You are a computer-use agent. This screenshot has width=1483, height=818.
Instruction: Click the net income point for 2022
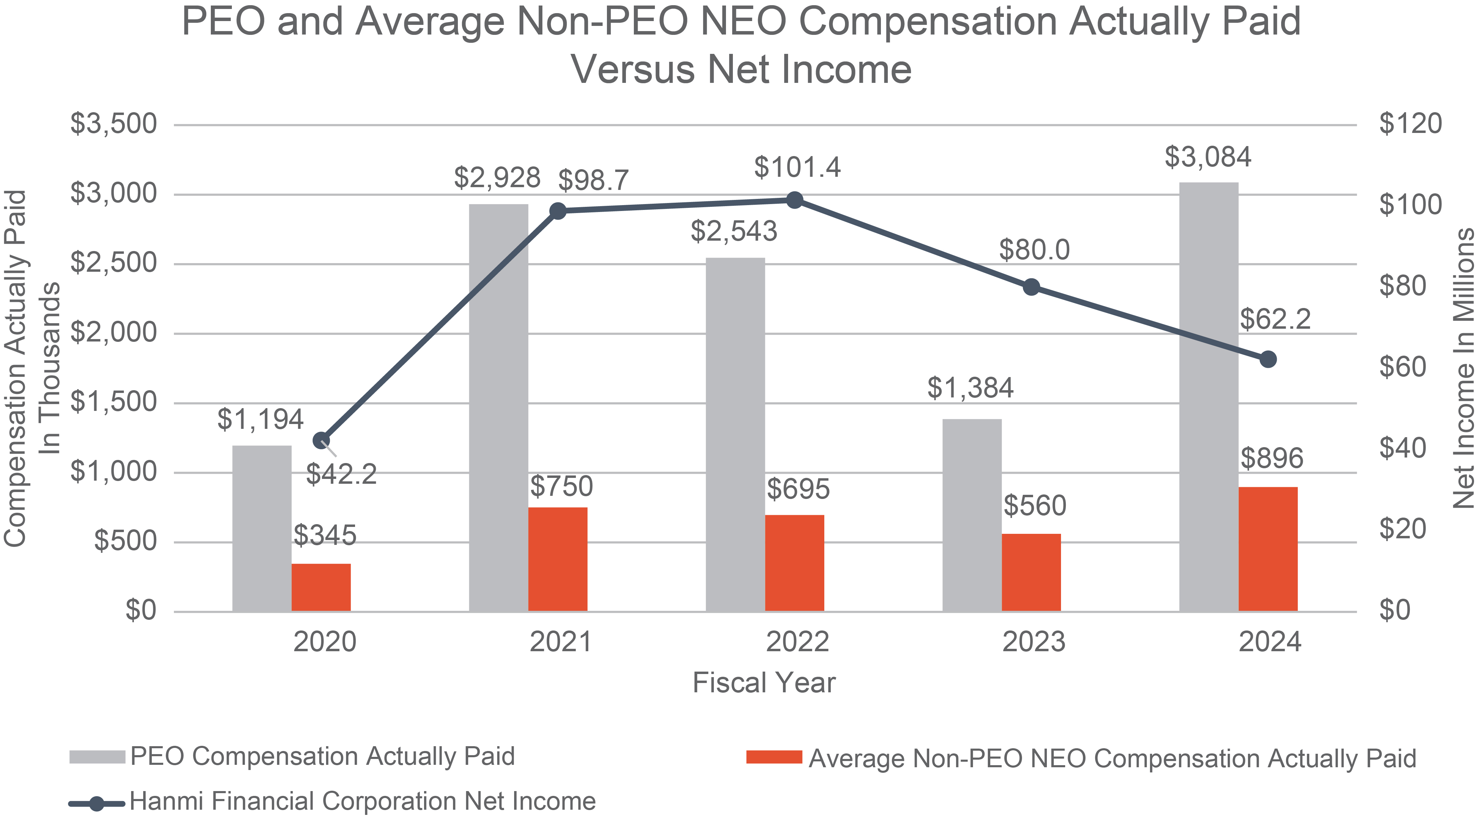(794, 201)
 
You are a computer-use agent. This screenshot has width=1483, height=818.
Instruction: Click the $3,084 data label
(1208, 157)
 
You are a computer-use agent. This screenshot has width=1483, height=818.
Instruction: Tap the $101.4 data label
(797, 167)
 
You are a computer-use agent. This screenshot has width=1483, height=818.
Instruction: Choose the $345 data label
(325, 536)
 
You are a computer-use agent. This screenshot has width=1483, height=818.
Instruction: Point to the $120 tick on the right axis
(1410, 124)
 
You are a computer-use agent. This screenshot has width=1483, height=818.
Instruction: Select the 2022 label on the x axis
(797, 642)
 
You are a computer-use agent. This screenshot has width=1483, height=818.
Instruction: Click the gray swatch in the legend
(97, 756)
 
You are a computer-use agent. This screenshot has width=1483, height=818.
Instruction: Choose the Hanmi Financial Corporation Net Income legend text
(363, 801)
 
